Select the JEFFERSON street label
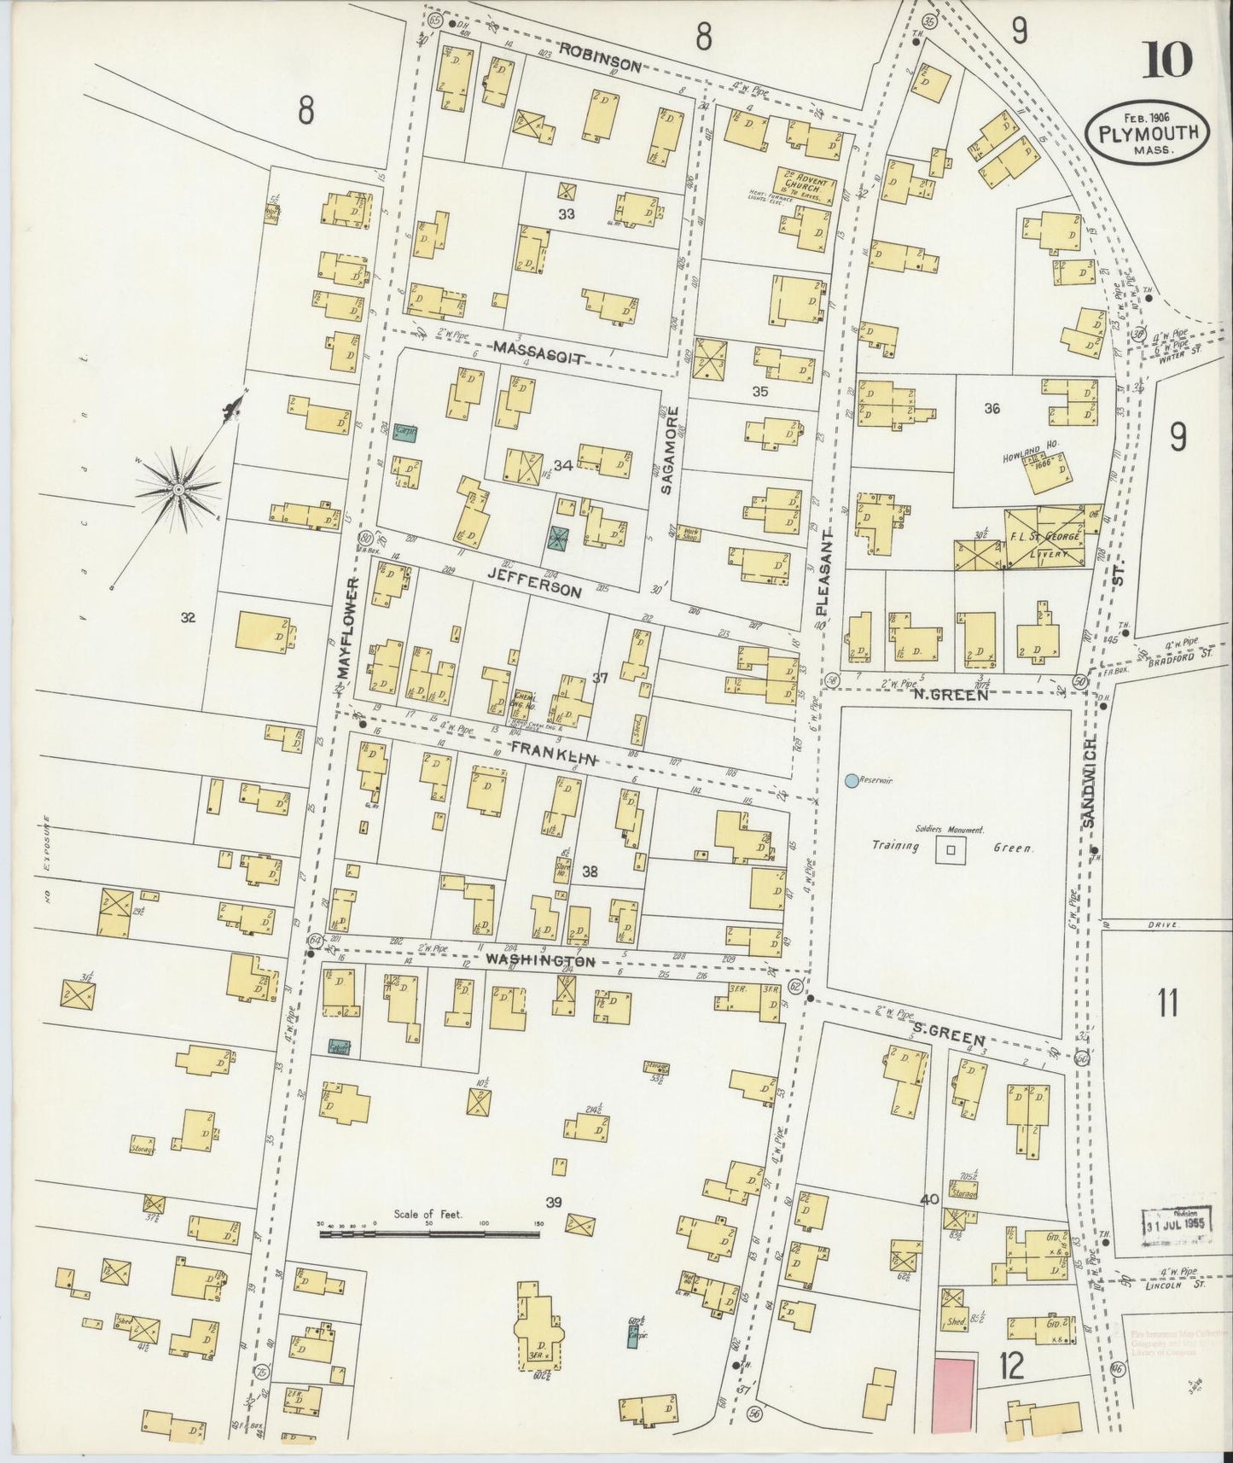pos(535,579)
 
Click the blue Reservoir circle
pos(851,780)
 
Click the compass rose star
pos(178,488)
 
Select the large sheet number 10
pos(1169,60)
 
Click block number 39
pos(554,1203)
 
